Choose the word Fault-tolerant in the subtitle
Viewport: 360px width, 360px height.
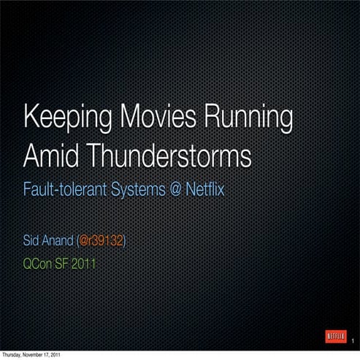click(x=64, y=192)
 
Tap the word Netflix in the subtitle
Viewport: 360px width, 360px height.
click(x=204, y=192)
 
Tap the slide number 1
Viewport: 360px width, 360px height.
click(x=353, y=342)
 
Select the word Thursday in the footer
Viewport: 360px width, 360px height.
click(x=15, y=356)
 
